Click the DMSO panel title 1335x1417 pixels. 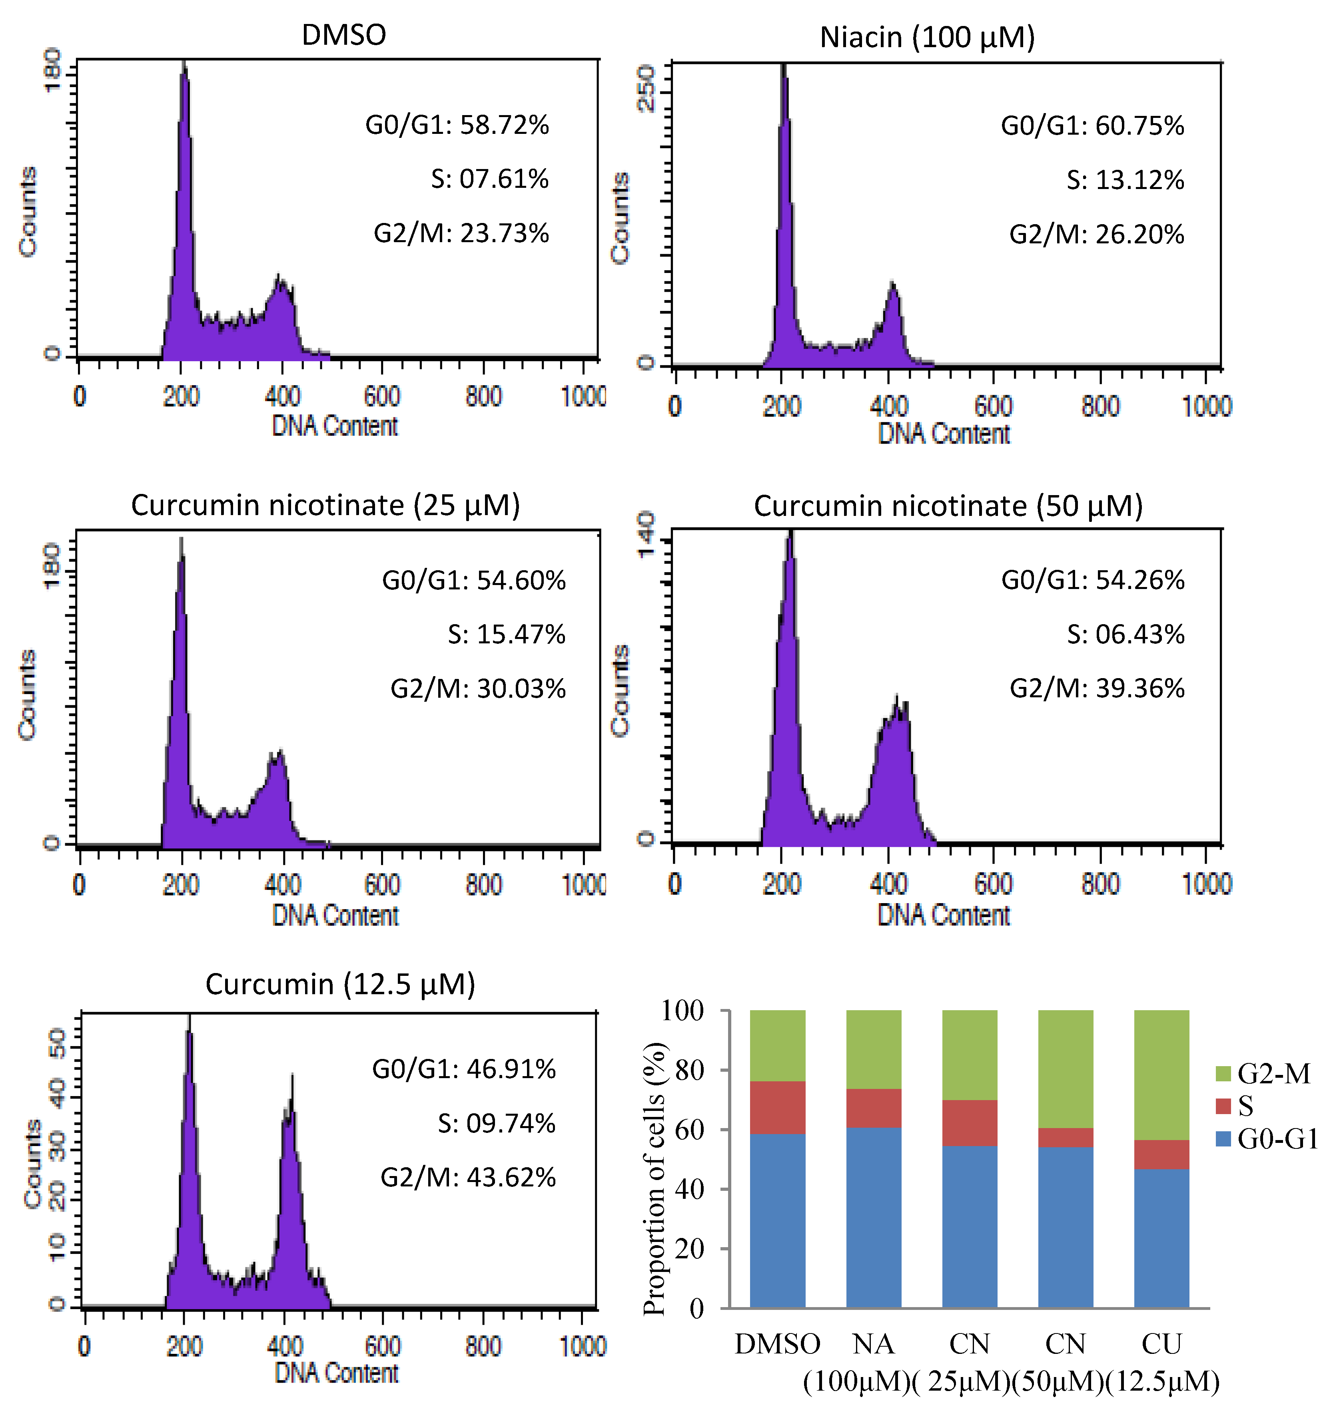point(344,35)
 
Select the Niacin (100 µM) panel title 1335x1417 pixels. point(927,37)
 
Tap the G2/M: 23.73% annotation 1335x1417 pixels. point(461,233)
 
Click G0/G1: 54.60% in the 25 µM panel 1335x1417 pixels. point(473,580)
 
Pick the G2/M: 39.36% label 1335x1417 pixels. point(1097,688)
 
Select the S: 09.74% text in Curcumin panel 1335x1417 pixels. point(496,1123)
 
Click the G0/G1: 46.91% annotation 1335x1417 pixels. point(463,1069)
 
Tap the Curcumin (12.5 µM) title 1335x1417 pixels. point(340,984)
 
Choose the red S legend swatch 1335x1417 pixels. point(1223,1106)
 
